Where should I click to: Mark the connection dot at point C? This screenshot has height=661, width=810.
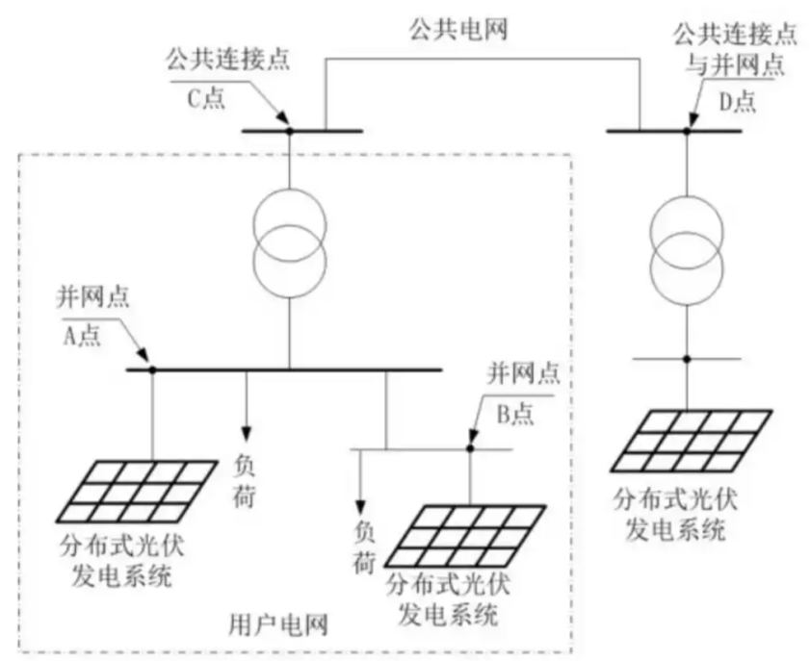[x=286, y=130]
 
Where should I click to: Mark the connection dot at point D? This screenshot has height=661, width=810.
[x=687, y=130]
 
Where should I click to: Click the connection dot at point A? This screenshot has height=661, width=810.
[x=152, y=369]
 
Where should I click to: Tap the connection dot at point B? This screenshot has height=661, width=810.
[x=470, y=448]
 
